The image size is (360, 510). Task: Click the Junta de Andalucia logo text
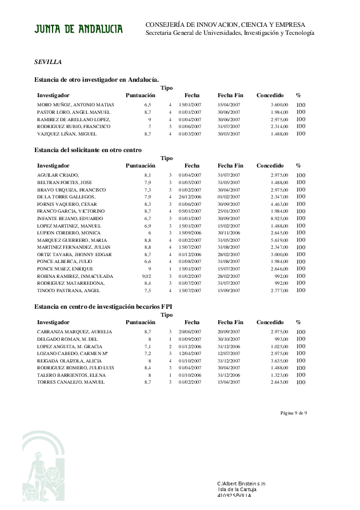pos(78,29)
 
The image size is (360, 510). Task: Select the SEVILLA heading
pos(48,61)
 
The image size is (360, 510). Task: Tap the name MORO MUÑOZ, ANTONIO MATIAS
pos(75,105)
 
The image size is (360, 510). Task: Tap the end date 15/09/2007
pos(229,290)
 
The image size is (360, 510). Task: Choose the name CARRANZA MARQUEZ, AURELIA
pos(74,332)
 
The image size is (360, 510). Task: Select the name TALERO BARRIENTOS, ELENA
pos(71,374)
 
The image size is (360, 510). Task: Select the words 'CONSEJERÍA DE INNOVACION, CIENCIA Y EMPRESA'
pos(225,25)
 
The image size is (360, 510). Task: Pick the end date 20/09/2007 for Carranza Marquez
pos(229,332)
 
